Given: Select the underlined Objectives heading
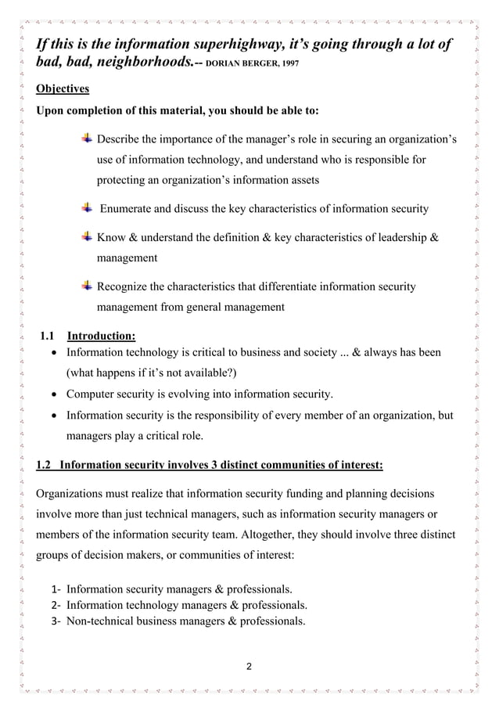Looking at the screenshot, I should tap(63, 88).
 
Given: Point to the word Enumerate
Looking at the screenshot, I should tap(131, 208).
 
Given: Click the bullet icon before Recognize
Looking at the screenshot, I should tap(88, 286).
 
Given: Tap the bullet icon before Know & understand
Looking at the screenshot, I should tap(88, 236).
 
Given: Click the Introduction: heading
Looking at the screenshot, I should tap(102, 337).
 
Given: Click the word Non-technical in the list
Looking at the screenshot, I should tap(102, 621).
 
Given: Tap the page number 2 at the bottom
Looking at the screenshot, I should tap(249, 667).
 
